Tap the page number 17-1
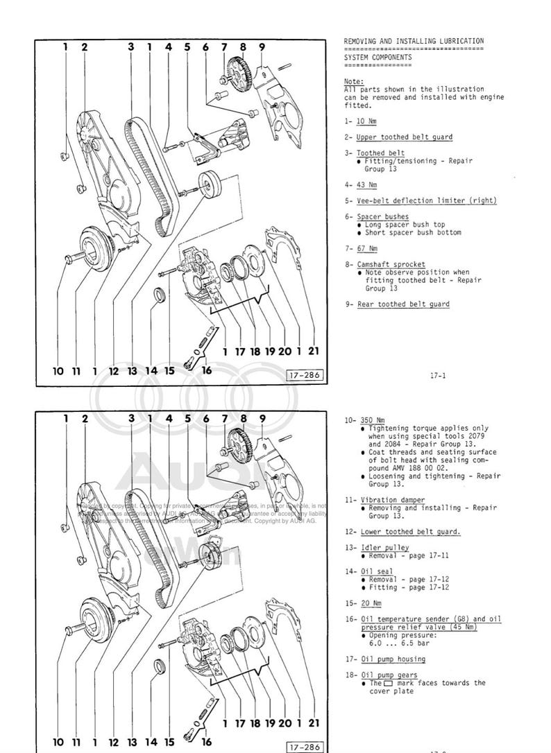(437, 376)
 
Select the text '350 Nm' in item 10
(373, 420)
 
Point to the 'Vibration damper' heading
(392, 500)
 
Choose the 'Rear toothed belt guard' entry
(402, 304)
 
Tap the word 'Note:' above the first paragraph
(353, 81)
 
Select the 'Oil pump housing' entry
(393, 659)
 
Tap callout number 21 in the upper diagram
(314, 352)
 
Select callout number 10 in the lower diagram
(58, 743)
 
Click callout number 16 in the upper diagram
(206, 370)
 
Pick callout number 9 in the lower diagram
(262, 418)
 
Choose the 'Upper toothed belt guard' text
(404, 137)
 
